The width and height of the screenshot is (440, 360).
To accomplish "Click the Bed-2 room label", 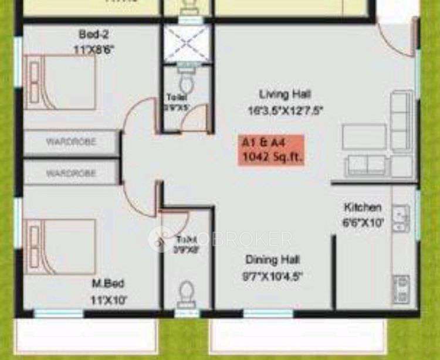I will pyautogui.click(x=93, y=33).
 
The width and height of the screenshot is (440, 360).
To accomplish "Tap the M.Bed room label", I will pyautogui.click(x=107, y=284).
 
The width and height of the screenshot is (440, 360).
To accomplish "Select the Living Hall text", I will pyautogui.click(x=285, y=94).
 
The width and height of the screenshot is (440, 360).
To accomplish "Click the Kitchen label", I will pyautogui.click(x=363, y=207).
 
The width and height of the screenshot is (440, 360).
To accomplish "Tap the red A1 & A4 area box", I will pyautogui.click(x=270, y=150).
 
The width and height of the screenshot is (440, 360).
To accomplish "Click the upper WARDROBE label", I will pyautogui.click(x=71, y=141).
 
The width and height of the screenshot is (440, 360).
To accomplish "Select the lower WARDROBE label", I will pyautogui.click(x=71, y=174).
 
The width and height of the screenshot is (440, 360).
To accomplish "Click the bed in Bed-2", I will pyautogui.click(x=62, y=81).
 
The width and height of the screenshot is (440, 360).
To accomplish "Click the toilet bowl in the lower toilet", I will pyautogui.click(x=187, y=291).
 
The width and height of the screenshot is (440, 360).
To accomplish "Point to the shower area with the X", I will pyautogui.click(x=185, y=43).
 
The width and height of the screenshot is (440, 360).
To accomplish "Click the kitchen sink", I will pyautogui.click(x=401, y=217).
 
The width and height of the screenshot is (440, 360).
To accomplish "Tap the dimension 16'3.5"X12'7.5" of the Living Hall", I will pyautogui.click(x=285, y=110).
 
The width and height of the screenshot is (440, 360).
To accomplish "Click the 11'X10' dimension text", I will pyautogui.click(x=107, y=300).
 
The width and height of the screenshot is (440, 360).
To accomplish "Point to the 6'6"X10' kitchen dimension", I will pyautogui.click(x=363, y=222).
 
